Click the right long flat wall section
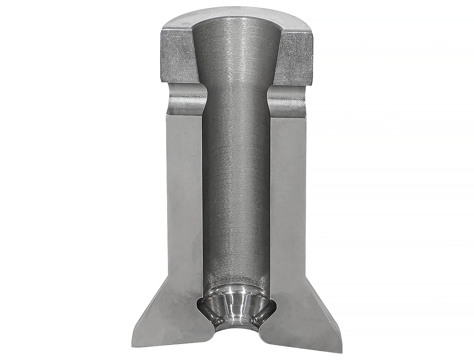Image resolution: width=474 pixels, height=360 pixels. [x=288, y=195]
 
